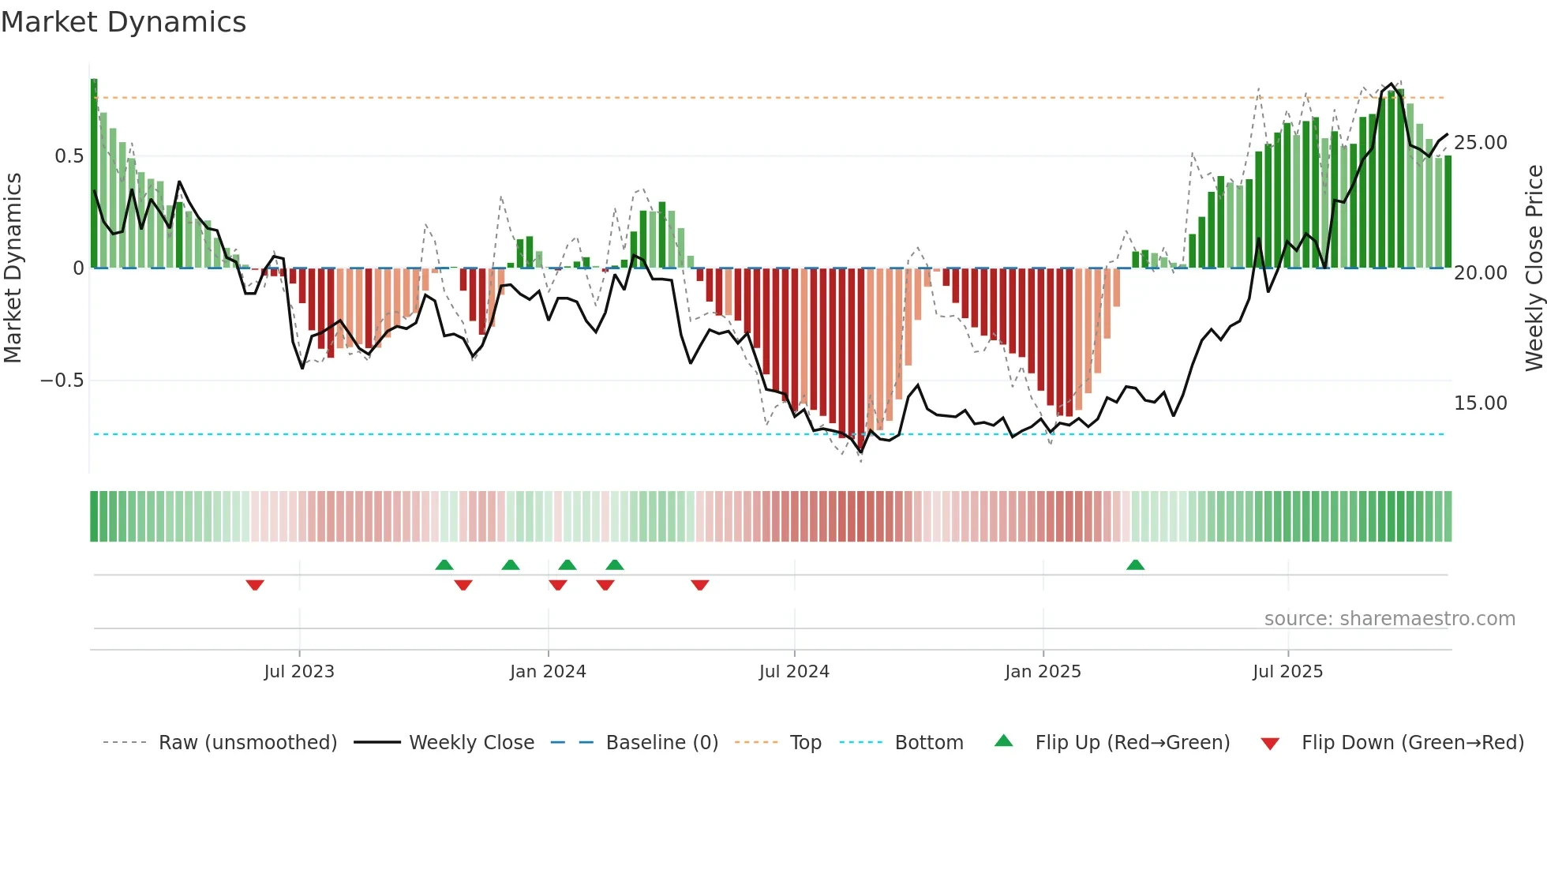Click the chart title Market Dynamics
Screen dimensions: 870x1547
tap(123, 22)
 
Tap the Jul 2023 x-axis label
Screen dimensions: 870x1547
tap(299, 671)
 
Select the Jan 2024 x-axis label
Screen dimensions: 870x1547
tap(548, 671)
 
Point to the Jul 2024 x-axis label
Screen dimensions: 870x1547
tap(794, 671)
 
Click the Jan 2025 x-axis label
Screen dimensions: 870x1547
tap(1043, 671)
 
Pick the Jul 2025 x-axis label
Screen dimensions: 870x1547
tap(1287, 671)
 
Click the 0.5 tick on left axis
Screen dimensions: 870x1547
tap(69, 156)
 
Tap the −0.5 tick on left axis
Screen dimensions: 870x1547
tap(62, 381)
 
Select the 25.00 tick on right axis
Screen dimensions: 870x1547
tap(1480, 143)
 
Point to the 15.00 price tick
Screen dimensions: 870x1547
tap(1480, 403)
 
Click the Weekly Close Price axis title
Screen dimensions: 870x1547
tap(1534, 268)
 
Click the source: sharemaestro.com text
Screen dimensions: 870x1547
tap(1389, 619)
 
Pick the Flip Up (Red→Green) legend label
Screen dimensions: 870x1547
tap(1132, 743)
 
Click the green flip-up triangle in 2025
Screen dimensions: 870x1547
tap(1135, 565)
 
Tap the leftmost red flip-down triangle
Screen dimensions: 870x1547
tap(255, 584)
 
